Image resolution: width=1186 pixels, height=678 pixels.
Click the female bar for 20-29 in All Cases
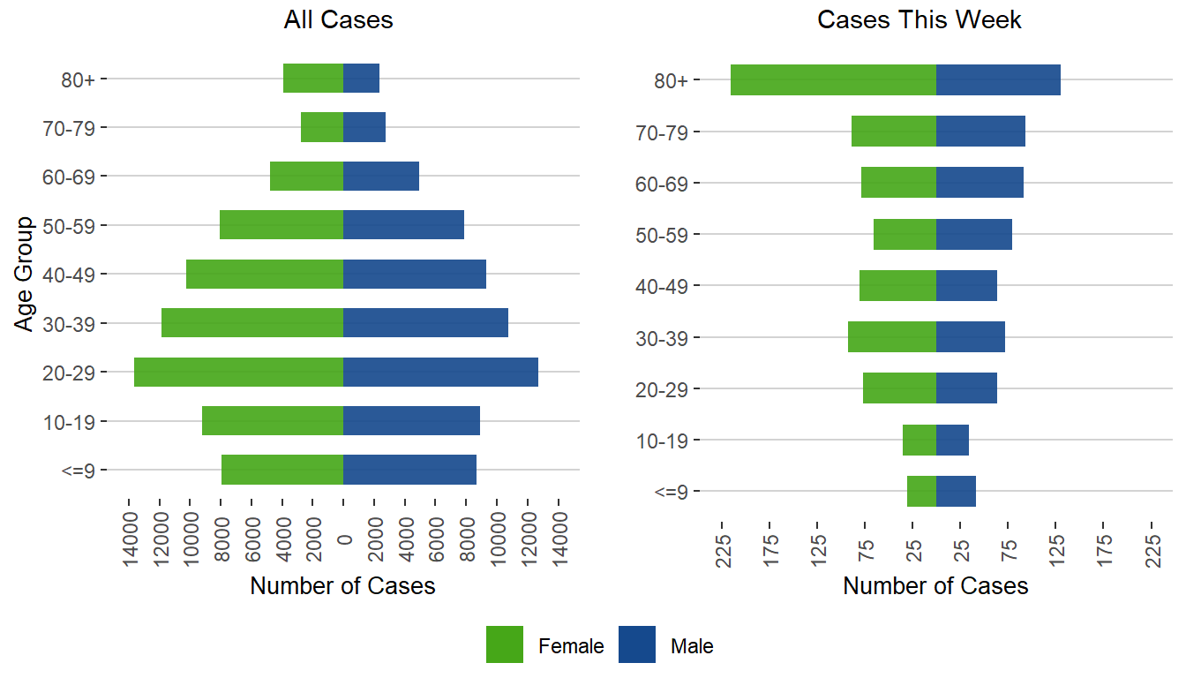point(238,372)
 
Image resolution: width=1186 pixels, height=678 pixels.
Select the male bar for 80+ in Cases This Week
point(998,79)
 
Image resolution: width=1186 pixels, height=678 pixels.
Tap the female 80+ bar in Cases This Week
point(833,79)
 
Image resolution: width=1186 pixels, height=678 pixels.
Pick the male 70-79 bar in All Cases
point(364,127)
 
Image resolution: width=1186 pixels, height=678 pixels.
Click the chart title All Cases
point(338,20)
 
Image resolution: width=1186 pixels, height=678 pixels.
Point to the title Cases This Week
point(920,20)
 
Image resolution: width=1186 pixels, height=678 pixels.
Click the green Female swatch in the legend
point(505,644)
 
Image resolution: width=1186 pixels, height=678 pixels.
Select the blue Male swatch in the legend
point(637,644)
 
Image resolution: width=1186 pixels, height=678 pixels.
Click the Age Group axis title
point(25,274)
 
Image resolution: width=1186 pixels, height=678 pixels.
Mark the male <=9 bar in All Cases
point(409,470)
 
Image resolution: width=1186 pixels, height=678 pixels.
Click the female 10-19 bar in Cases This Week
point(920,440)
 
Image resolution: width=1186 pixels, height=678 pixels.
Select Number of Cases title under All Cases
point(342,586)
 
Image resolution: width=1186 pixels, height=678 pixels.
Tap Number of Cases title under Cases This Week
point(935,586)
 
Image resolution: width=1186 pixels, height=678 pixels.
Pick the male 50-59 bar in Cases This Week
point(974,234)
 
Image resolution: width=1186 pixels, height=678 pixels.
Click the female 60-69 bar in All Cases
point(306,176)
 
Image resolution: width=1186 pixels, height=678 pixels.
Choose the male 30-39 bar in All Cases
point(425,323)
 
